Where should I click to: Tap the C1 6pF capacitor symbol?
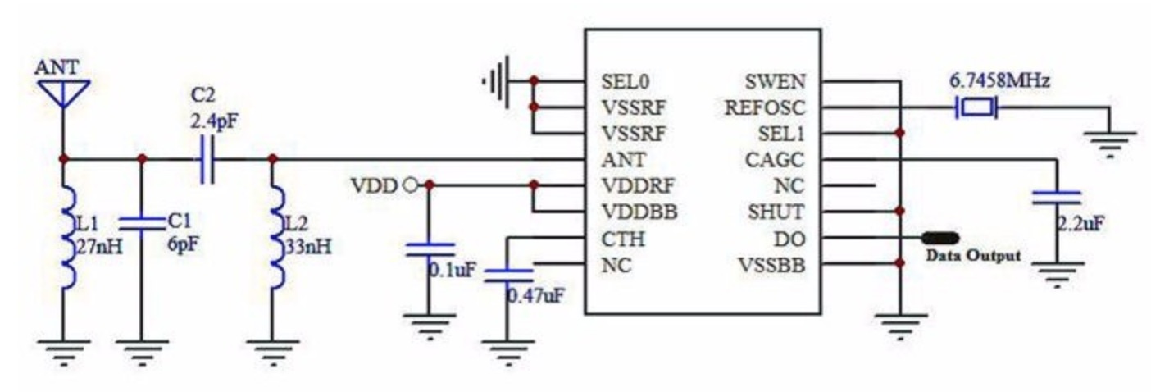(141, 223)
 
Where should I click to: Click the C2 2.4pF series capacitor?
(207, 160)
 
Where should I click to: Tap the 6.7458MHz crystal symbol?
(975, 107)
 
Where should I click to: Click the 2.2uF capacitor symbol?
(1056, 197)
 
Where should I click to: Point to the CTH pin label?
(622, 239)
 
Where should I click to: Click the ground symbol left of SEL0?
(494, 81)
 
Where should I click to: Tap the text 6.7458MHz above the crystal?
(999, 82)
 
